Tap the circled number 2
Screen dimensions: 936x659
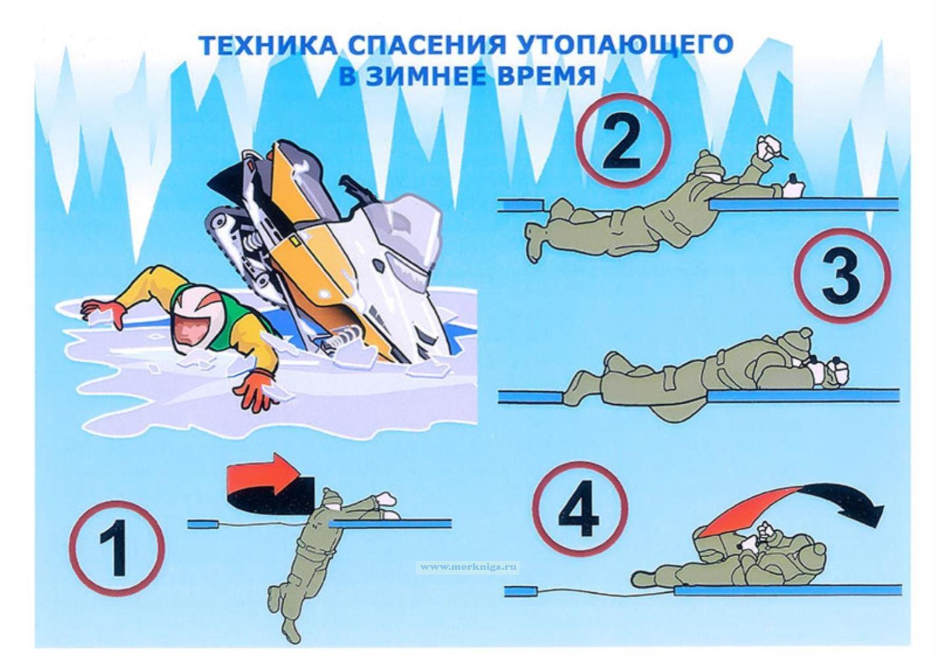pyautogui.click(x=623, y=141)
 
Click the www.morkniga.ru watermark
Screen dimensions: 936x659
pyautogui.click(x=467, y=567)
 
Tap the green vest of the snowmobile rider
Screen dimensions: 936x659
pyautogui.click(x=232, y=319)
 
